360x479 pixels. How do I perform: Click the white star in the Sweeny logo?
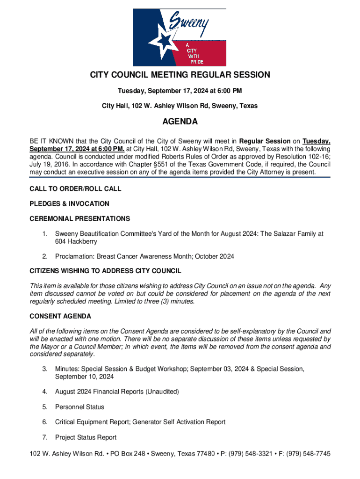165,42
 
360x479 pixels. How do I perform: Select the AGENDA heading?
180,122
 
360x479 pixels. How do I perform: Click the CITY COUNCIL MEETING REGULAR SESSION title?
180,75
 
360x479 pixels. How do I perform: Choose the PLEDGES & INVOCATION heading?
69,204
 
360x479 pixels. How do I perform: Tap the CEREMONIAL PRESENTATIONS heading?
79,219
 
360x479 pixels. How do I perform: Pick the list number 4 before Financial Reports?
45,392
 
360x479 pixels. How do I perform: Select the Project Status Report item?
86,437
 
